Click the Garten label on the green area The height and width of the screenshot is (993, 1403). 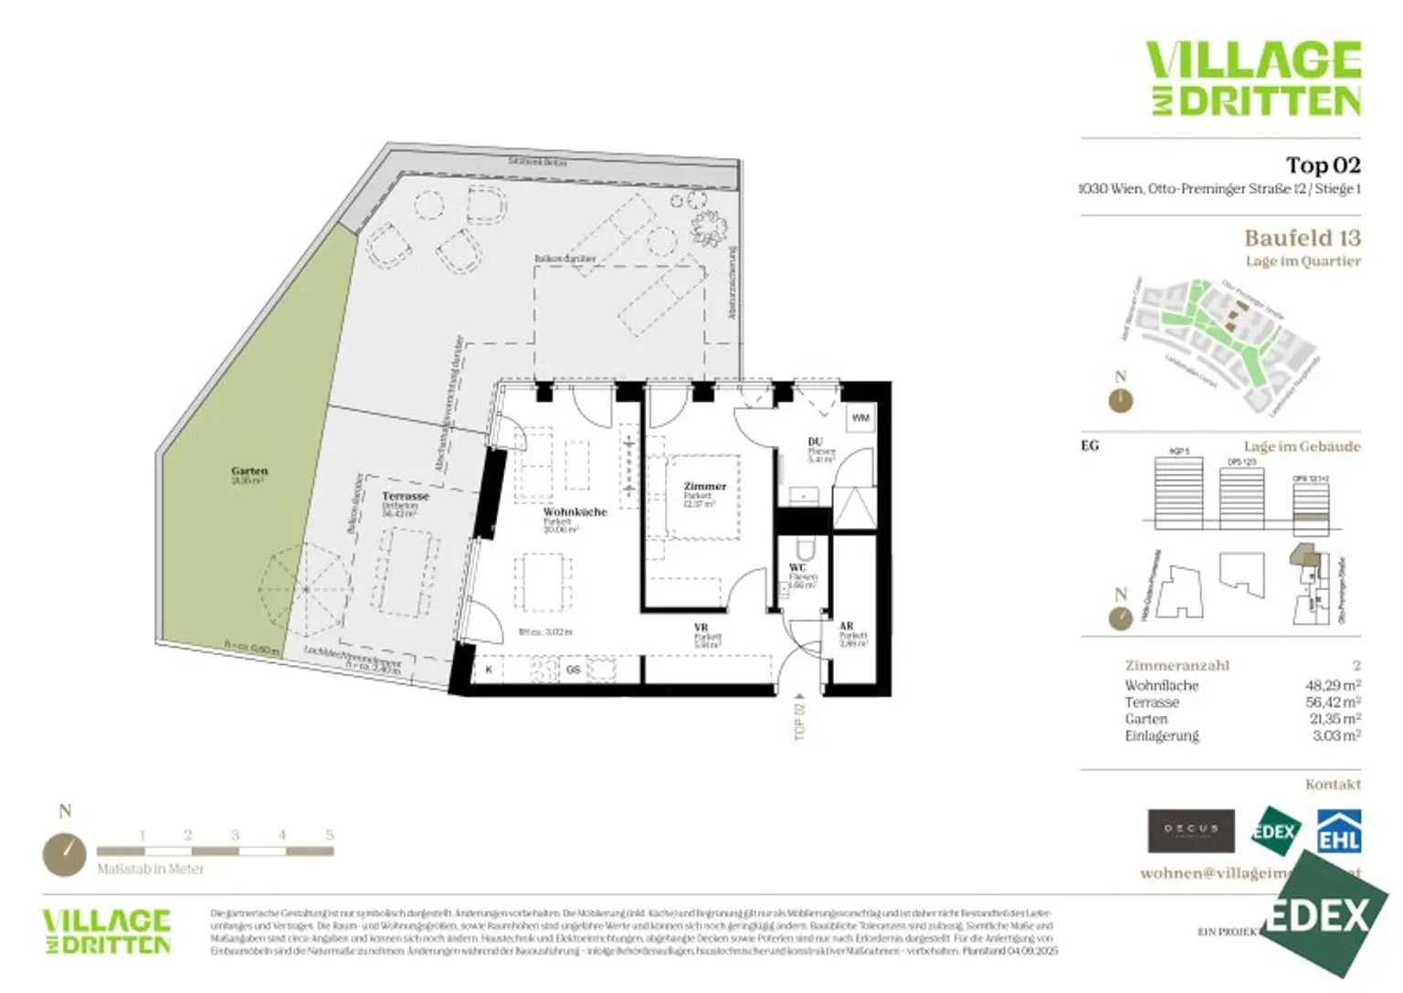[x=249, y=471]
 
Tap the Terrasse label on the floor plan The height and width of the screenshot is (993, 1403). [x=405, y=496]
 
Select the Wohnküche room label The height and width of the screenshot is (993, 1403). [x=575, y=512]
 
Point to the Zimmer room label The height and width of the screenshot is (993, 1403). [x=704, y=486]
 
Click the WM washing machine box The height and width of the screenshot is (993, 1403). [x=860, y=417]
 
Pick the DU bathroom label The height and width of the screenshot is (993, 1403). [x=815, y=442]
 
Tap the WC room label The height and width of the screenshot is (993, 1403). [x=797, y=567]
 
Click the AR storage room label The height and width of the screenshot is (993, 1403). [x=846, y=626]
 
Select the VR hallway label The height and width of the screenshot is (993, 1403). [x=701, y=628]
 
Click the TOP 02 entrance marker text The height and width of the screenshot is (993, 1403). [x=800, y=719]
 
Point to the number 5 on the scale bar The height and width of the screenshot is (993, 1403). [x=330, y=835]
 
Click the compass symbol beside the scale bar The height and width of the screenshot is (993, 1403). [x=65, y=854]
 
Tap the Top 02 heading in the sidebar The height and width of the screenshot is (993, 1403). [x=1323, y=165]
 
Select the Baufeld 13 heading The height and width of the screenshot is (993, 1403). [x=1302, y=238]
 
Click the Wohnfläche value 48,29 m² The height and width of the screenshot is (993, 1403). [x=1333, y=685]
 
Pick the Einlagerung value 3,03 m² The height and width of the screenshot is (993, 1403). [x=1335, y=735]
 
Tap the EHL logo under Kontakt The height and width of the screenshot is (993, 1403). [x=1338, y=830]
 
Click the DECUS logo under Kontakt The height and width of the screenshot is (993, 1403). [x=1190, y=830]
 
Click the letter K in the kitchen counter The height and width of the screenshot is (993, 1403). [x=489, y=670]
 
